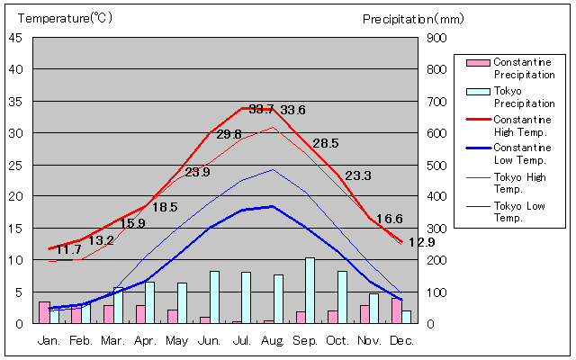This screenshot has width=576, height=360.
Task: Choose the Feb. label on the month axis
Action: (x=81, y=340)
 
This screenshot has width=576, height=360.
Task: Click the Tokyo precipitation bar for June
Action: (x=214, y=297)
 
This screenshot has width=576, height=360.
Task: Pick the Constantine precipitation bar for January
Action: (x=44, y=312)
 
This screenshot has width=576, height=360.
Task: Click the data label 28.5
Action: (x=325, y=144)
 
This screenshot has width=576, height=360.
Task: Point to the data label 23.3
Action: (x=358, y=176)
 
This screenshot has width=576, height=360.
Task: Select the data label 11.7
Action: (x=68, y=249)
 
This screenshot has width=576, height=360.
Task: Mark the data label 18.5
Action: (x=165, y=207)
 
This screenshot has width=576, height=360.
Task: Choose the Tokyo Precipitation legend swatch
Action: (x=478, y=91)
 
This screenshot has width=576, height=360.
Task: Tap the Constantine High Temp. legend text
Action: (x=522, y=125)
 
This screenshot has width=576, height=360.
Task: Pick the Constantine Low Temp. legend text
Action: (x=522, y=153)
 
